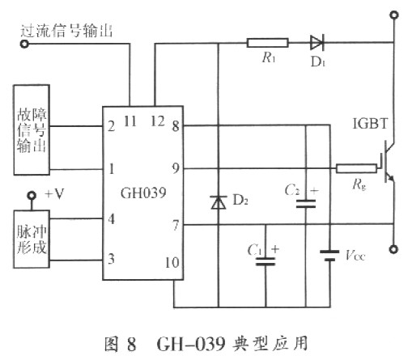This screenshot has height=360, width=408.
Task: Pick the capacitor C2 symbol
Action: pyautogui.click(x=305, y=203)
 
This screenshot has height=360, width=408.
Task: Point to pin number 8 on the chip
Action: pyautogui.click(x=175, y=125)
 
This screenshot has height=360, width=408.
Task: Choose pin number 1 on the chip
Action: pyautogui.click(x=111, y=168)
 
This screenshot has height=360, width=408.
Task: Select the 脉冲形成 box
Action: pyautogui.click(x=35, y=235)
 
